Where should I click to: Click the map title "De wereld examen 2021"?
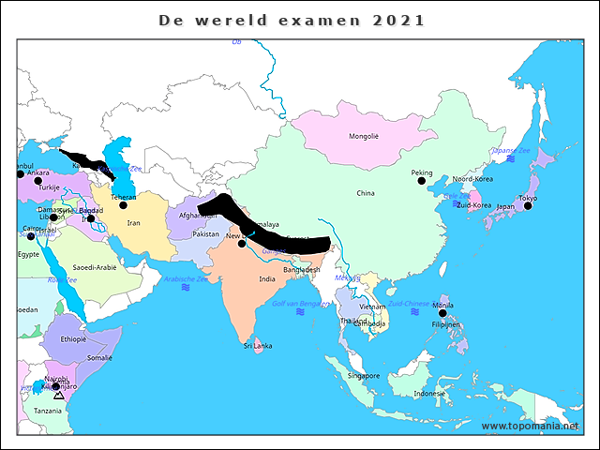[291, 20]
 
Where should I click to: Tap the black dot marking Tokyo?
[528, 205]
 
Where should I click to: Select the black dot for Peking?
[421, 180]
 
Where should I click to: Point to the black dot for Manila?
[442, 313]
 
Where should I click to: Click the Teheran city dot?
[123, 204]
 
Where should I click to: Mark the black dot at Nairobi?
[55, 385]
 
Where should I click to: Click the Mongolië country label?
[364, 136]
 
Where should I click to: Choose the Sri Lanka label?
[258, 346]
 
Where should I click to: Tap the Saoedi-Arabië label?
[95, 267]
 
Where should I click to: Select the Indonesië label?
[429, 394]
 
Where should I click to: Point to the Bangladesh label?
[302, 270]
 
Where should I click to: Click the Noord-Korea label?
[472, 179]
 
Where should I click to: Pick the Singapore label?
[363, 376]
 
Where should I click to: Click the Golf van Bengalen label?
[300, 304]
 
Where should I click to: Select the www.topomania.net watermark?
[531, 426]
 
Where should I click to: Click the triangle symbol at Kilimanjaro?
[59, 396]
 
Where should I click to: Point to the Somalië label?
[99, 358]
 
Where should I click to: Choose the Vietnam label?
[372, 307]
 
